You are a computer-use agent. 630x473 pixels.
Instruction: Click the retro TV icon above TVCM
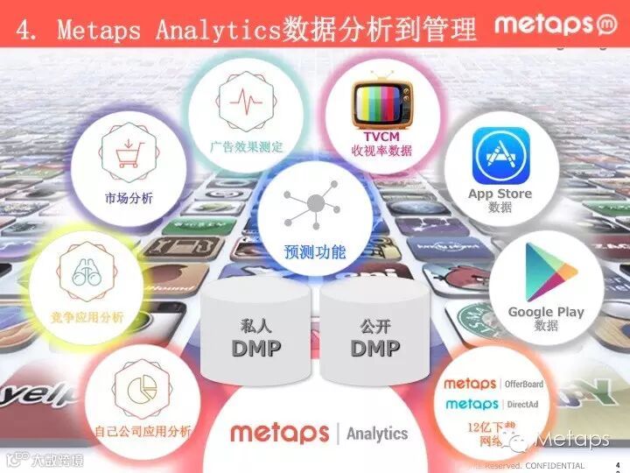click(381, 103)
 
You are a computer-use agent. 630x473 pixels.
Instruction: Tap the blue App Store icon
click(501, 155)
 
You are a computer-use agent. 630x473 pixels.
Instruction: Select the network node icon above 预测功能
click(314, 204)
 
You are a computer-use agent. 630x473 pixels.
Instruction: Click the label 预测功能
click(314, 252)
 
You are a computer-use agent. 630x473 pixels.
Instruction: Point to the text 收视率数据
click(381, 151)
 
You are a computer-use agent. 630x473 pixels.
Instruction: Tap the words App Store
click(500, 194)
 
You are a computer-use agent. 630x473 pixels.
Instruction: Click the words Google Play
click(546, 312)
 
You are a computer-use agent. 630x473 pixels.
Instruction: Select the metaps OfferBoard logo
click(493, 384)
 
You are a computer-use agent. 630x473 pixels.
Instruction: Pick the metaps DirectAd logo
click(493, 404)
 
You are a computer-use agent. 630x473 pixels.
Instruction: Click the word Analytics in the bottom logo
click(377, 433)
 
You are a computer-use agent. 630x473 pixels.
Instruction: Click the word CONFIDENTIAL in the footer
click(554, 465)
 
